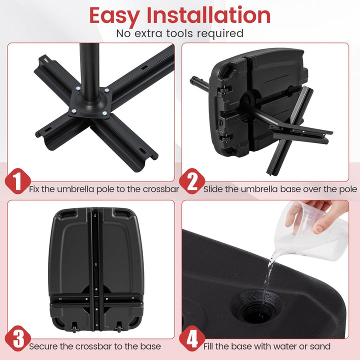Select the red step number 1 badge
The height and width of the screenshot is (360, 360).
18,182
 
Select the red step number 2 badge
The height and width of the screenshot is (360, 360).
192,182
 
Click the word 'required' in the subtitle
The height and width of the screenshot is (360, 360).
220,33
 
